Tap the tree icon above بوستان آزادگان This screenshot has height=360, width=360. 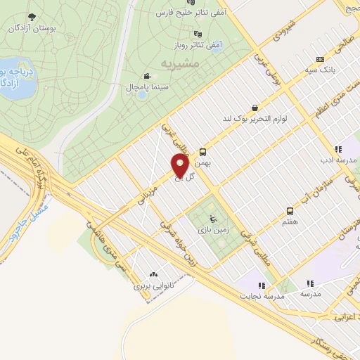click(x=30, y=16)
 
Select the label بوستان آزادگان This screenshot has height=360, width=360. click(x=30, y=28)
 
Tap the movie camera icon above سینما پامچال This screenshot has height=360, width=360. click(x=146, y=76)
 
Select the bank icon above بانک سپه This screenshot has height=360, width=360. click(x=321, y=59)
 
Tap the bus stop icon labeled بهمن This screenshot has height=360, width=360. click(x=202, y=151)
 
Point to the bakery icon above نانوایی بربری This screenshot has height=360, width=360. click(x=153, y=275)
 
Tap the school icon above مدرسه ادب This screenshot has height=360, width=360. click(x=338, y=149)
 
